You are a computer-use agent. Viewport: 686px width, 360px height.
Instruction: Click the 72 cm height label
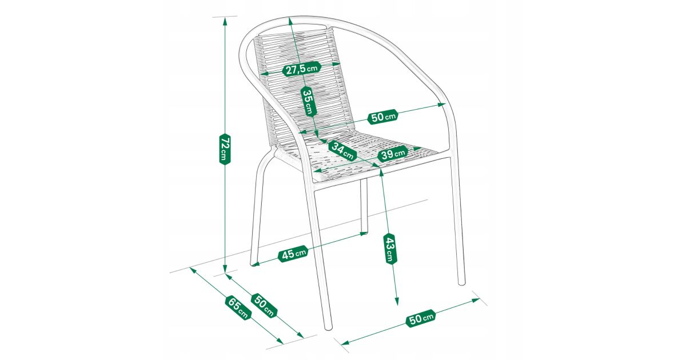(x=225, y=149)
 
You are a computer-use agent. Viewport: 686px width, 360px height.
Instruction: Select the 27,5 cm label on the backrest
(x=302, y=69)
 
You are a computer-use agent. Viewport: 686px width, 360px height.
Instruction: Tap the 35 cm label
(x=308, y=102)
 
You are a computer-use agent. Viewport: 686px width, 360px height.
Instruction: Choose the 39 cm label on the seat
(x=393, y=153)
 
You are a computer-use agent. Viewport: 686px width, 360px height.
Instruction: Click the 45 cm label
(x=293, y=254)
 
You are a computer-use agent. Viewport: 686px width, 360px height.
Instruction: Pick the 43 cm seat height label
(x=390, y=249)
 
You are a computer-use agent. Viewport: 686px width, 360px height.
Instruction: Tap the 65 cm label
(x=238, y=307)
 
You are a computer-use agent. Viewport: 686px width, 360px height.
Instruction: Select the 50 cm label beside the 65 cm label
(x=264, y=306)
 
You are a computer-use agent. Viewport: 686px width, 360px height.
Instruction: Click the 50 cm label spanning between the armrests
(x=383, y=117)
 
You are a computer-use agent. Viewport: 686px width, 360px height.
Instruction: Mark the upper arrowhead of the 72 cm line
(x=225, y=21)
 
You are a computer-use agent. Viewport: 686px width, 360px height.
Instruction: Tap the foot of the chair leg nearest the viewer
(x=328, y=327)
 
